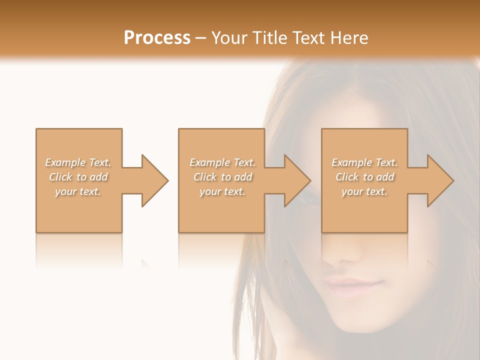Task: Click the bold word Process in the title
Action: (x=157, y=38)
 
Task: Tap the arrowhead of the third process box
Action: (x=439, y=180)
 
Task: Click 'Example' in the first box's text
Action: (x=65, y=162)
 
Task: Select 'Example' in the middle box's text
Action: (x=209, y=162)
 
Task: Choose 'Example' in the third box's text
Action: (x=351, y=162)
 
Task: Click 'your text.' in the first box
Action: (x=78, y=191)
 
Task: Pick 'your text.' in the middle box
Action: (x=222, y=191)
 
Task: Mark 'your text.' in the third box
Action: (x=364, y=191)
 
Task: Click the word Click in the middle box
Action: (x=204, y=177)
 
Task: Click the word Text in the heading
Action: (x=307, y=38)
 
